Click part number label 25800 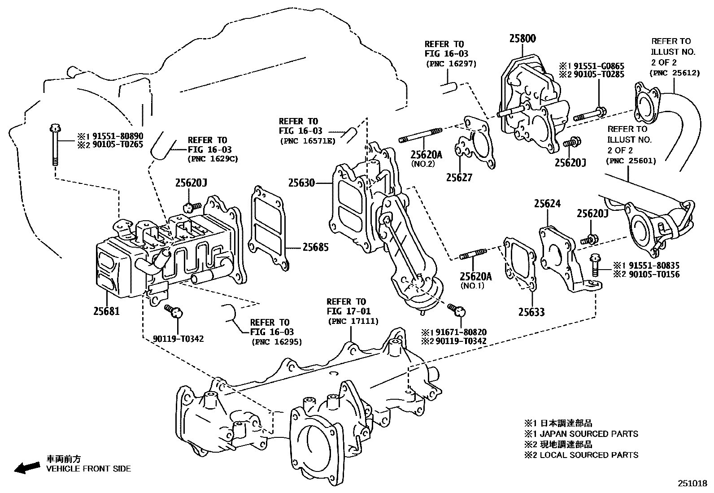522,39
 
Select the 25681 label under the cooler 107,310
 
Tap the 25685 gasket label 315,247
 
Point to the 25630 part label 301,183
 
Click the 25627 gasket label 459,178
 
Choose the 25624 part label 547,204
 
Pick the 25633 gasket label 531,312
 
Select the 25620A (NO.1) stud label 475,276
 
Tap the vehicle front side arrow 26,468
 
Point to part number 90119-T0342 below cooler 178,339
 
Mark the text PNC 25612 675,73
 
